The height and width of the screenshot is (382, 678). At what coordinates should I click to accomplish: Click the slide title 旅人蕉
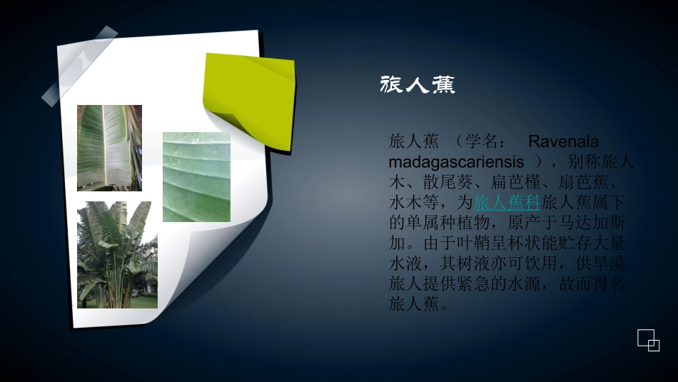tap(418, 86)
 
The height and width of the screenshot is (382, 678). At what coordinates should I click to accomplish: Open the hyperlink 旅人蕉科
tap(507, 202)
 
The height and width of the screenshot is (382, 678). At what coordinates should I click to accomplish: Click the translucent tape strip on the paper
tap(79, 66)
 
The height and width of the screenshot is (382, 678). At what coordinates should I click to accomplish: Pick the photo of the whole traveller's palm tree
tap(117, 254)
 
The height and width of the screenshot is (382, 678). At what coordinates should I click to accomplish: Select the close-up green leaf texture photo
tap(196, 177)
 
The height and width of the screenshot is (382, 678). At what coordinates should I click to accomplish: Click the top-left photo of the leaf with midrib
tap(109, 148)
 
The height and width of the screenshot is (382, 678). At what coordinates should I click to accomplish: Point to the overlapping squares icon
tap(648, 340)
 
